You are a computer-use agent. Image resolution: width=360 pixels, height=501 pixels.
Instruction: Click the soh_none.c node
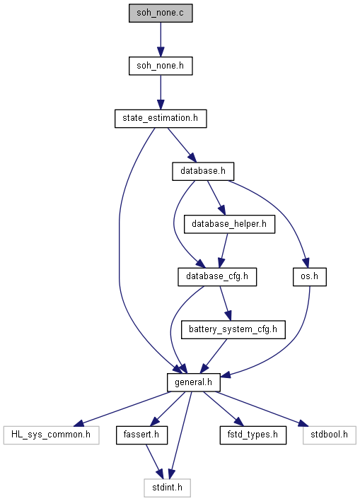[x=161, y=13]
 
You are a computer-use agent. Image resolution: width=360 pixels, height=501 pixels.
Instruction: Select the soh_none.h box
[x=161, y=66]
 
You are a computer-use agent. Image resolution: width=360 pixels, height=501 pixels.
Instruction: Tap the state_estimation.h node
[x=161, y=119]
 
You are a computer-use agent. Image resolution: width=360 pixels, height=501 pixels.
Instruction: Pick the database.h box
[x=203, y=171]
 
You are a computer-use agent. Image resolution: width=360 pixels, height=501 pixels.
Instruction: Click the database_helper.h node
[x=229, y=224]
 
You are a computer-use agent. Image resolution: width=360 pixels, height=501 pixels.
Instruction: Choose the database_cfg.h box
[x=217, y=277]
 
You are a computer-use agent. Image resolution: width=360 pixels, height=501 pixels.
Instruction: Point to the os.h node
[x=310, y=277]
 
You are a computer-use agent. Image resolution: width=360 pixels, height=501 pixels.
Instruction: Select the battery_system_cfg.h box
[x=233, y=329]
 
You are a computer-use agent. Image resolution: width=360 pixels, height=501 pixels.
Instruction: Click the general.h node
[x=193, y=382]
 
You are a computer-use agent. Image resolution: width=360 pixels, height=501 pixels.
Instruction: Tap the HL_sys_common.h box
[x=51, y=435]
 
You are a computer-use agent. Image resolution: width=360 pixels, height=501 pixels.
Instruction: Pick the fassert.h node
[x=141, y=435]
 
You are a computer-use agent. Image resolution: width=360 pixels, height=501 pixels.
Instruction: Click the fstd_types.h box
[x=252, y=435]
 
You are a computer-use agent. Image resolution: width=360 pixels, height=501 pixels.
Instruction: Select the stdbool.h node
[x=330, y=435]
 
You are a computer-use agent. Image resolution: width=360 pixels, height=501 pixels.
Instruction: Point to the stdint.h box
[x=167, y=488]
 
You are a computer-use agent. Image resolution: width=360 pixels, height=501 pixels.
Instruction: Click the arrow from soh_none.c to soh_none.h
[x=161, y=40]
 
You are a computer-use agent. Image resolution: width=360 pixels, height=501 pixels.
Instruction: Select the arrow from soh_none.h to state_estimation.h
[x=161, y=93]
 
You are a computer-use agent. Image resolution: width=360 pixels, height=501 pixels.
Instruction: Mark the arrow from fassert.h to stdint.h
[x=155, y=461]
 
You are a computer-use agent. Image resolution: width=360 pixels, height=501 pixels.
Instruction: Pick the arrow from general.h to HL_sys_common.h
[x=122, y=408]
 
